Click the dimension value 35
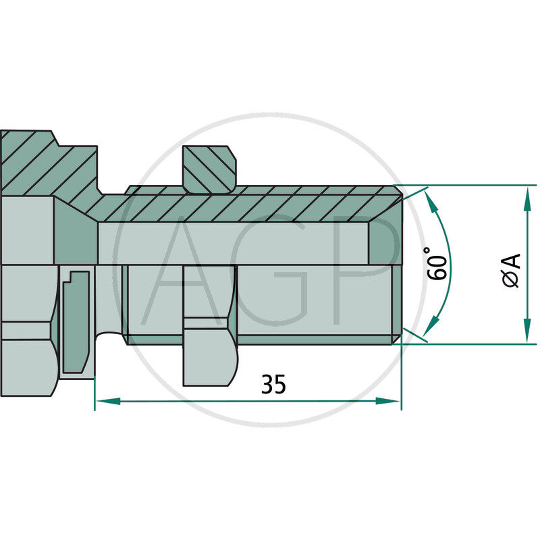click(274, 384)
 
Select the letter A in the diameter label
click(512, 261)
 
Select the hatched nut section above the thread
click(210, 169)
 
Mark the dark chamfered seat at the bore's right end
click(385, 243)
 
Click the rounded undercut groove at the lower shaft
click(108, 337)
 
